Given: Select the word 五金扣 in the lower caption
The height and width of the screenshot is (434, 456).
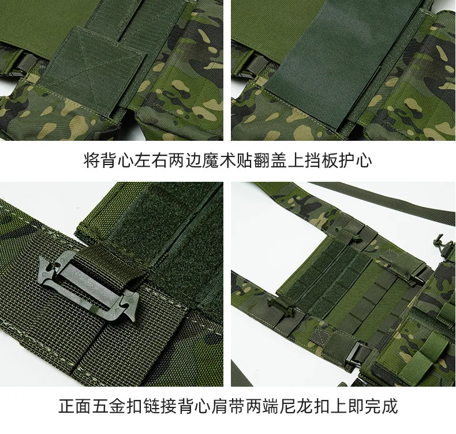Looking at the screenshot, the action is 117,406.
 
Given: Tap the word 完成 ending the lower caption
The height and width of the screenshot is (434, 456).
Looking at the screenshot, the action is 381,406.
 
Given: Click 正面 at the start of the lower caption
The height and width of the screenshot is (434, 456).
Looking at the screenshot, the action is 75,406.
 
